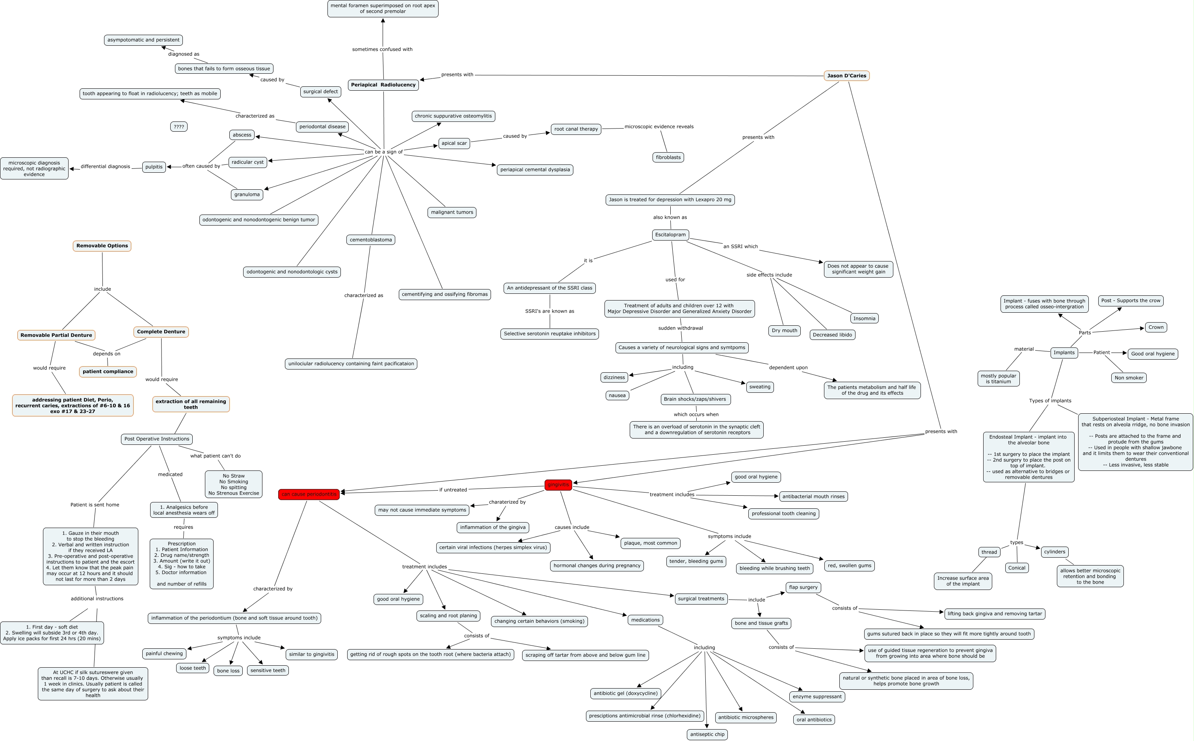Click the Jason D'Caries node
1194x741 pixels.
click(846, 75)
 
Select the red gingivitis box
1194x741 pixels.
click(558, 485)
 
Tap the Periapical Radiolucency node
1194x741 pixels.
click(383, 85)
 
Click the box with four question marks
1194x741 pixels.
click(179, 127)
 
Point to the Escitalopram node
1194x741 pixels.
click(670, 235)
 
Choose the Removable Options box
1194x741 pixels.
click(102, 246)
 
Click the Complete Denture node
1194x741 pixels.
click(161, 332)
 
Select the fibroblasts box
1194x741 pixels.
click(668, 157)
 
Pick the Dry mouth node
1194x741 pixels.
click(784, 330)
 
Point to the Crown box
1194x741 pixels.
click(1156, 327)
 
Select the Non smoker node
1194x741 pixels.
click(1128, 378)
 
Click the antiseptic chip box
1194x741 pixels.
click(707, 734)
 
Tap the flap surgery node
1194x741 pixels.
click(803, 587)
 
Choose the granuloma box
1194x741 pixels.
click(247, 194)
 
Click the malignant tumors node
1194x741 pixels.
click(452, 212)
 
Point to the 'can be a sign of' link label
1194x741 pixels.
click(383, 152)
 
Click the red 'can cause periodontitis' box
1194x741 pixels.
click(309, 494)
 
